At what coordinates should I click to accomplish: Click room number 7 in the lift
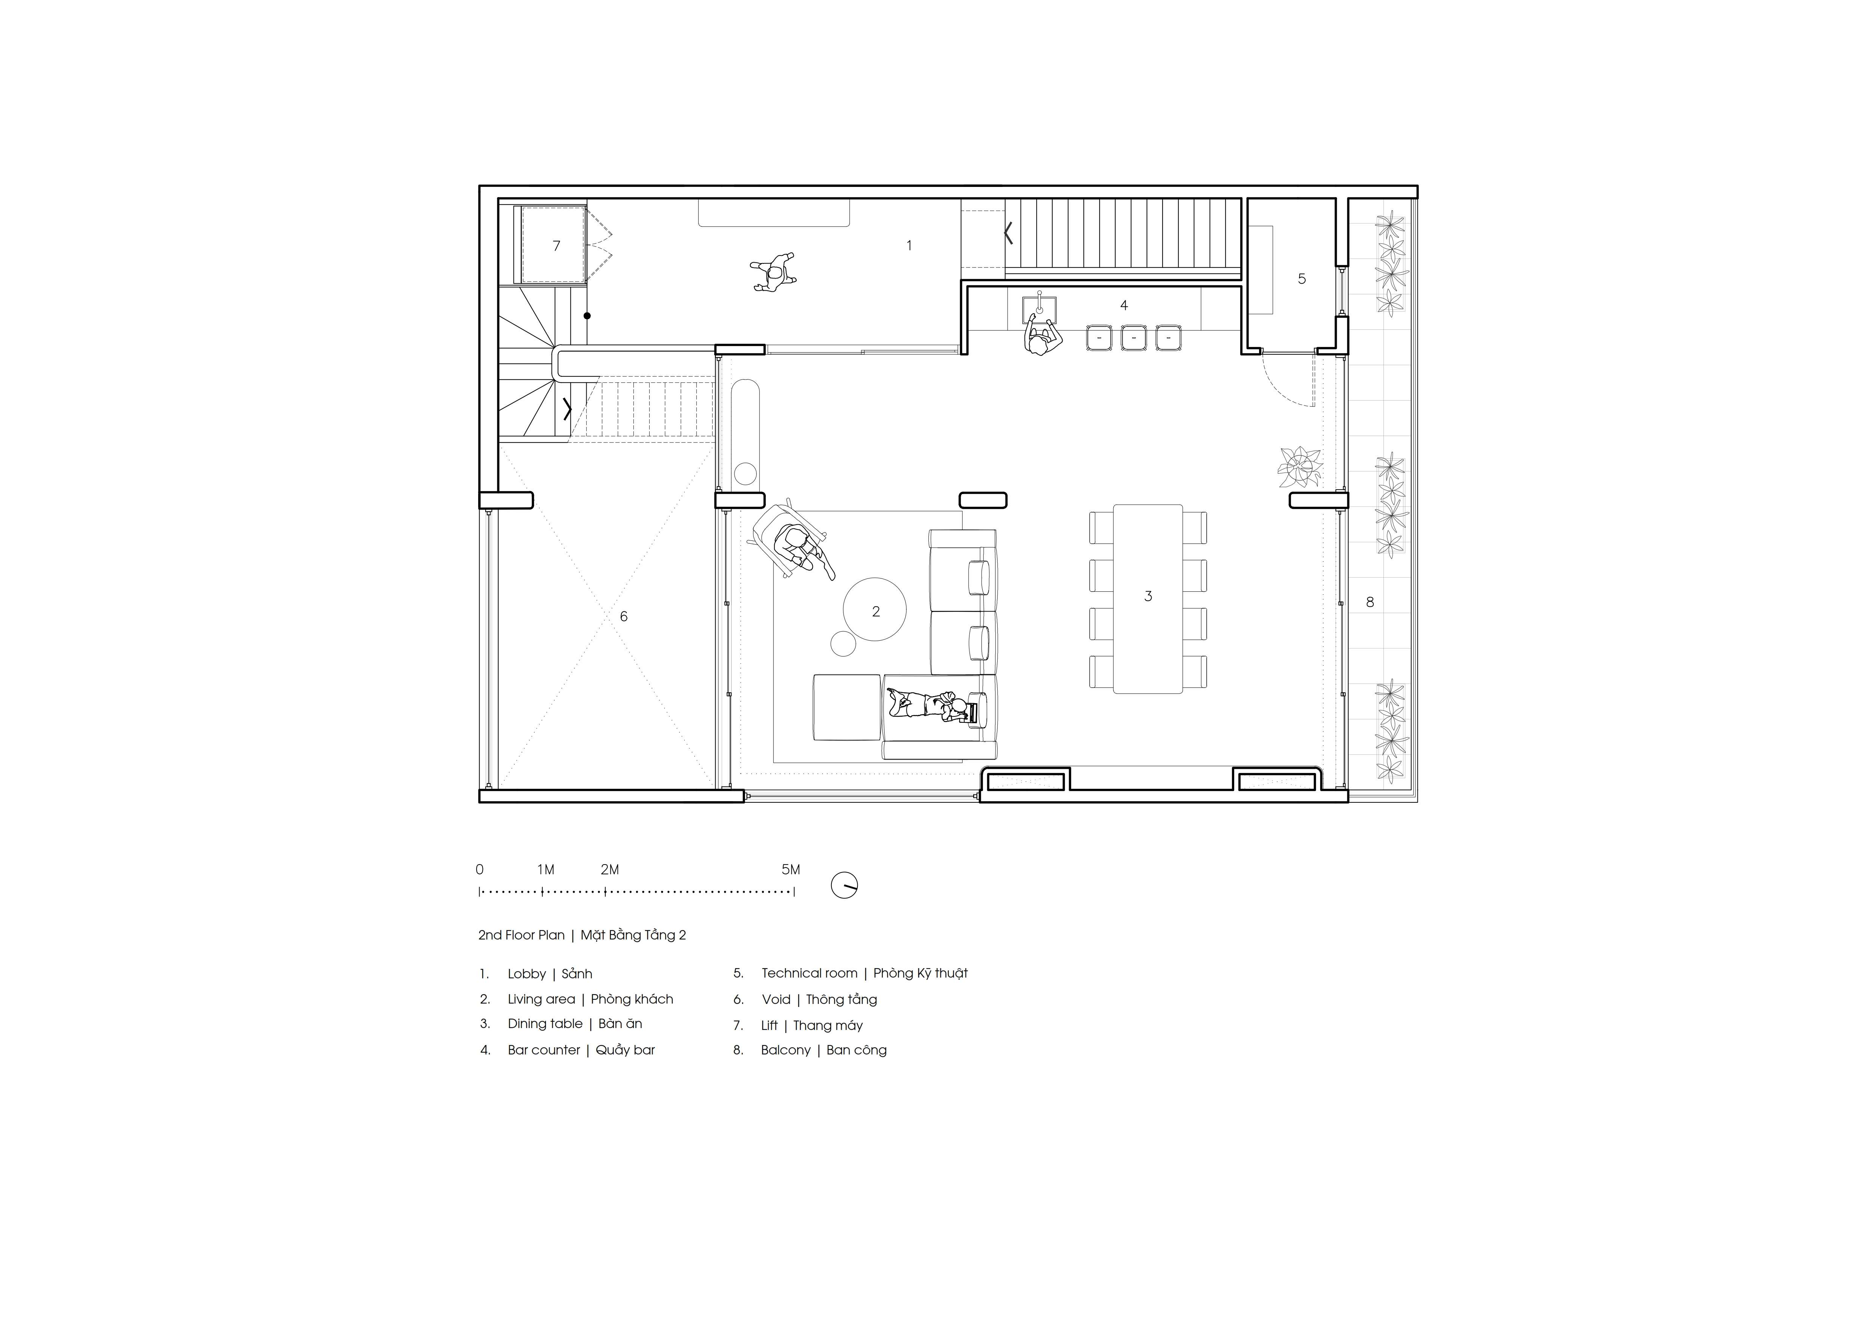coord(557,245)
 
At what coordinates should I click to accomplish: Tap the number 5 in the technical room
coord(1301,278)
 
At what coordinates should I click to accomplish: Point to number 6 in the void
coord(623,617)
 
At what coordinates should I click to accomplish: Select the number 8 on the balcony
coord(1370,602)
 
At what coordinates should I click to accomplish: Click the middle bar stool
coord(1133,337)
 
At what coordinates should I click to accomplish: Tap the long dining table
coord(1147,599)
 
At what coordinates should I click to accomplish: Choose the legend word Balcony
coord(785,1050)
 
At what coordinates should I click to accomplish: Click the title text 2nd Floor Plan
coord(521,935)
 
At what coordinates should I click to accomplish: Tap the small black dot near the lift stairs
coord(587,315)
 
